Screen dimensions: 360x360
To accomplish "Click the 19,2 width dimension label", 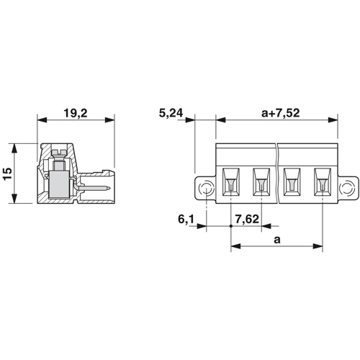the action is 76,113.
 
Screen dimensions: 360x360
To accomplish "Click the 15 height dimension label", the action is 7,174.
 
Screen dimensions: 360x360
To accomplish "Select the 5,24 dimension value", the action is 171,113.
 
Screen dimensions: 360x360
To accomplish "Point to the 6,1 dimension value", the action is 186,219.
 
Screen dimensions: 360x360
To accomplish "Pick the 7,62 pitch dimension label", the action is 247,219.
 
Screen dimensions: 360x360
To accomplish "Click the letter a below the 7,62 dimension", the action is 277,240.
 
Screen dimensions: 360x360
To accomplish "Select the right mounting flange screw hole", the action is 347,187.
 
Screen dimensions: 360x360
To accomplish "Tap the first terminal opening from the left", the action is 230,182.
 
